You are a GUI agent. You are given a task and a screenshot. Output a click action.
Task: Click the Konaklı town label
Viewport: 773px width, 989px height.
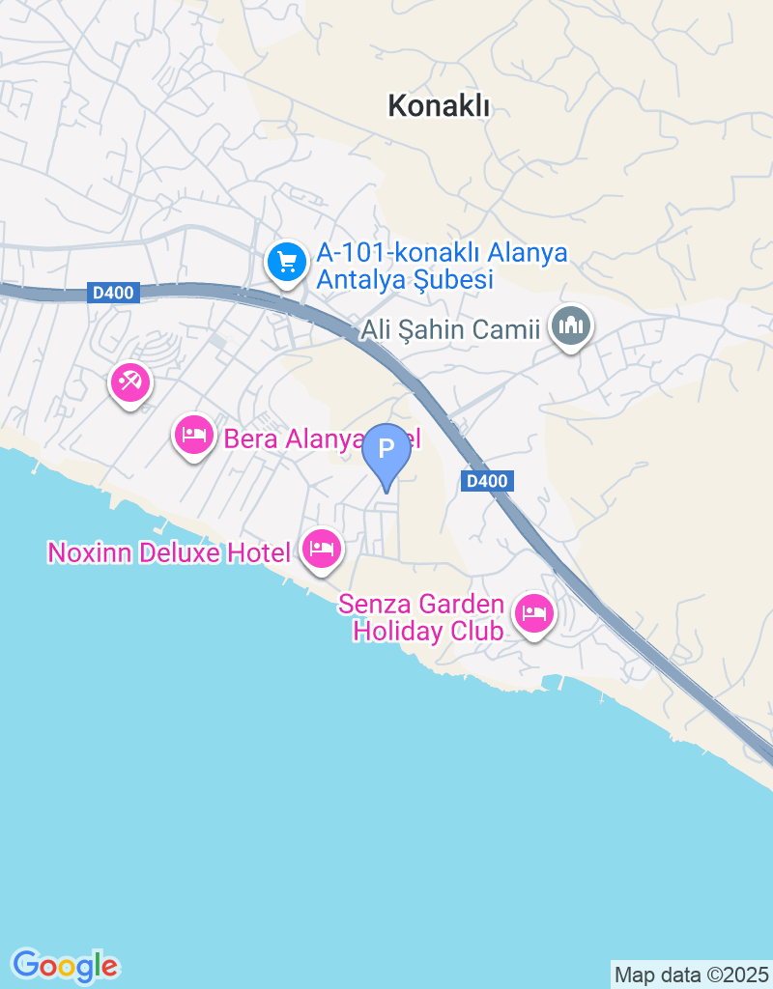coord(439,106)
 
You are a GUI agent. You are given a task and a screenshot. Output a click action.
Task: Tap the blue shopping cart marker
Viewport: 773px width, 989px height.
coord(286,261)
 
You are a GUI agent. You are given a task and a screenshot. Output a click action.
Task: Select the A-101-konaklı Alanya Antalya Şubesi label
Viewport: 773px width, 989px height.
coord(442,268)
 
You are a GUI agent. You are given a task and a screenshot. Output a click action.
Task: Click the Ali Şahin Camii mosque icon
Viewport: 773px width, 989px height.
coord(570,326)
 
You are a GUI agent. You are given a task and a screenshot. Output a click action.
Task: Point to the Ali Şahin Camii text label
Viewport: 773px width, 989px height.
coord(449,330)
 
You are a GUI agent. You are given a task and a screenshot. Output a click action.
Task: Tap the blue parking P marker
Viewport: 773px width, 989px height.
coord(386,450)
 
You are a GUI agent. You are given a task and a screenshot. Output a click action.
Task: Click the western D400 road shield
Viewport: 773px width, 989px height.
coord(114,293)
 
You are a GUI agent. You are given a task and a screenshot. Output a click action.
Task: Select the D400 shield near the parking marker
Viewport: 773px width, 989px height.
coord(487,481)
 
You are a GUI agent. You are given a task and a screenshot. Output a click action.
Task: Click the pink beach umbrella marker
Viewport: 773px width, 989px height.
coord(129,382)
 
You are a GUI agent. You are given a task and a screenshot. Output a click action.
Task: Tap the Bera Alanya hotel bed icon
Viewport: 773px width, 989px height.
coord(195,435)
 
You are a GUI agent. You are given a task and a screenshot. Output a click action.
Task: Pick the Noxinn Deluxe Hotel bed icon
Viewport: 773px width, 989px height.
coord(321,550)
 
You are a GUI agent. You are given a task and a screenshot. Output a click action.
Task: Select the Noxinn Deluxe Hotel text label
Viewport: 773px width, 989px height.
coord(169,553)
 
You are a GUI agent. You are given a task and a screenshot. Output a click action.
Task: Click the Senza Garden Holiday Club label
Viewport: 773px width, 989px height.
coord(422,618)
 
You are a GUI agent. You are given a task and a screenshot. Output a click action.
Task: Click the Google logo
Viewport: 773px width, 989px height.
coord(65,965)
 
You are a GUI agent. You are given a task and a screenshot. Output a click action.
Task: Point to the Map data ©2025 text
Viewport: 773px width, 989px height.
coord(691,975)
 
